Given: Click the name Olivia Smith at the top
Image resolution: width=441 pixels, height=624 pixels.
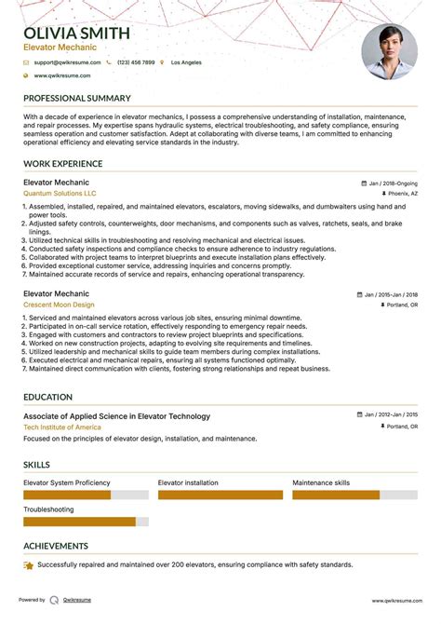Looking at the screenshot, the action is click(x=77, y=33).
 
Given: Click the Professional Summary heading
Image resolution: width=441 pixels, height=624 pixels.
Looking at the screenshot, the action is click(x=77, y=98).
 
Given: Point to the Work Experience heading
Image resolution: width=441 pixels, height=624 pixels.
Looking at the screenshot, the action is click(x=63, y=164).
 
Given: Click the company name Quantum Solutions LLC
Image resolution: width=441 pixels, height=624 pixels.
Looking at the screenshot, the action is click(x=60, y=193).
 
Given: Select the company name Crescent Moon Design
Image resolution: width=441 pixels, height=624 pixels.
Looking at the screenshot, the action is click(x=59, y=305).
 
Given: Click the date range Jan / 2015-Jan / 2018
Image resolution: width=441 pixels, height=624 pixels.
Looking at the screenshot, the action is click(x=392, y=294).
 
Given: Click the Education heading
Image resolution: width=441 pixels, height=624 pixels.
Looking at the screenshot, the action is click(x=49, y=397).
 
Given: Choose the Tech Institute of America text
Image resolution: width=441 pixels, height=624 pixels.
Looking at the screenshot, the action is click(x=62, y=427).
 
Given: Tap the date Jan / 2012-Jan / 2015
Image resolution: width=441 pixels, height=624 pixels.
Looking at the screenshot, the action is click(x=392, y=415).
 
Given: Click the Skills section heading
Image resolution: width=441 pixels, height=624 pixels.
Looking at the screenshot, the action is click(x=37, y=465).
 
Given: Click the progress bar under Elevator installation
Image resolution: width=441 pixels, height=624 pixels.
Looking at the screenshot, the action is click(x=220, y=495).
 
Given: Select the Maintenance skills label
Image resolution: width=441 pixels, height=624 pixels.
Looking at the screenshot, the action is click(x=321, y=482).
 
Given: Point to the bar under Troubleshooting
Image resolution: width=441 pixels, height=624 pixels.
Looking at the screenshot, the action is click(x=85, y=522).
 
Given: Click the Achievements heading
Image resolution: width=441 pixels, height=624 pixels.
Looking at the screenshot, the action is click(x=57, y=546).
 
